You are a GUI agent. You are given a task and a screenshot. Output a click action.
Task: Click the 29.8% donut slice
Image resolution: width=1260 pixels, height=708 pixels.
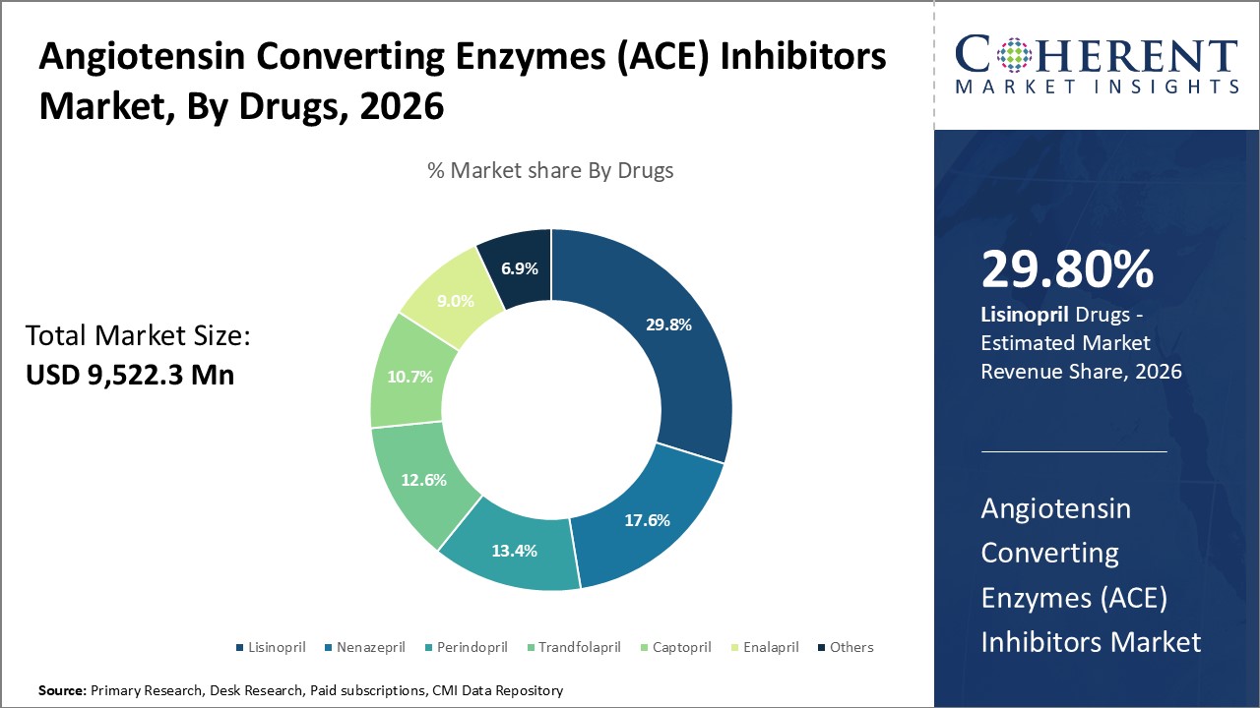668,324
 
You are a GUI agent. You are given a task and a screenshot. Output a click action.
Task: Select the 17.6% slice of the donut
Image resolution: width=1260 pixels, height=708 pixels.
646,519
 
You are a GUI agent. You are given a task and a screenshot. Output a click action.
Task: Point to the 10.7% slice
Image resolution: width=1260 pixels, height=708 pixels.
410,377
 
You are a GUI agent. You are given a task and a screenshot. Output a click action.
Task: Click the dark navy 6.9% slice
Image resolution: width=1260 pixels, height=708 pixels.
519,267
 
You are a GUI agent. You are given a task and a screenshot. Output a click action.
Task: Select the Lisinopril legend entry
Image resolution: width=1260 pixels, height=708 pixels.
271,647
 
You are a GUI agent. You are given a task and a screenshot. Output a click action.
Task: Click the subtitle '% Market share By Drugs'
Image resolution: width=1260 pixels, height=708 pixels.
550,170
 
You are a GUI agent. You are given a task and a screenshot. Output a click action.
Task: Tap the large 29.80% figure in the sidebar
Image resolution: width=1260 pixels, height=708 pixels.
1067,269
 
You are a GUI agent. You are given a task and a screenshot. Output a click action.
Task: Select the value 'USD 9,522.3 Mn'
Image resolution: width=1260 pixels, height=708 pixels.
130,375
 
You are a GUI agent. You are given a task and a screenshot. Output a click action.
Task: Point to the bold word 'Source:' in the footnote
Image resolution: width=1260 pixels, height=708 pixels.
62,691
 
